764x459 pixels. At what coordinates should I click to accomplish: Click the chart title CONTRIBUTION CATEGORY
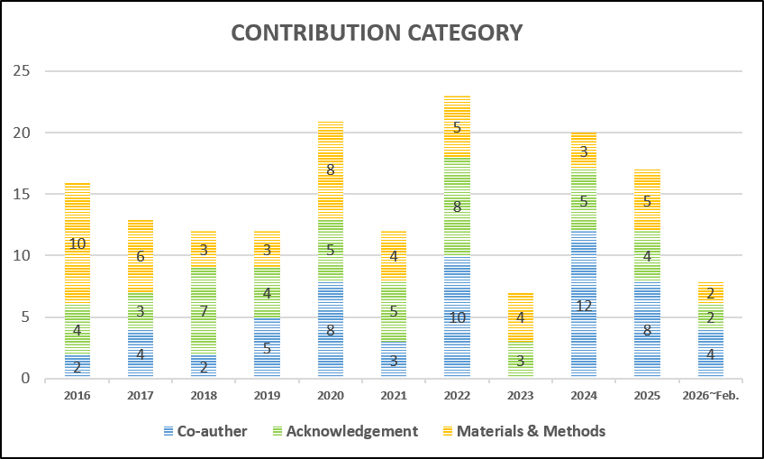point(377,33)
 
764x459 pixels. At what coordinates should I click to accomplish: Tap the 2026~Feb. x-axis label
point(709,395)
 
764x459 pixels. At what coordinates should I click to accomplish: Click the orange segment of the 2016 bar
point(77,243)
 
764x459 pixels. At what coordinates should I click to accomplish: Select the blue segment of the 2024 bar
point(583,305)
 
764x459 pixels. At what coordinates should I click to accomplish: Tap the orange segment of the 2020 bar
point(331,169)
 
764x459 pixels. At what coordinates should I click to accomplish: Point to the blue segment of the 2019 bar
point(267,347)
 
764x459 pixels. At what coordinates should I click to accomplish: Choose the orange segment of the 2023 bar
point(520,317)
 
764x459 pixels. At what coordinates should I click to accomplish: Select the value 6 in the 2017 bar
point(141,256)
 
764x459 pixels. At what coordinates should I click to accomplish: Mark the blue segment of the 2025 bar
point(646,329)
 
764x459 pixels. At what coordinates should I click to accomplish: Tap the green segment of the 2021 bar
point(394,311)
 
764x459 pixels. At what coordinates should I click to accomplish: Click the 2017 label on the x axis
point(140,395)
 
